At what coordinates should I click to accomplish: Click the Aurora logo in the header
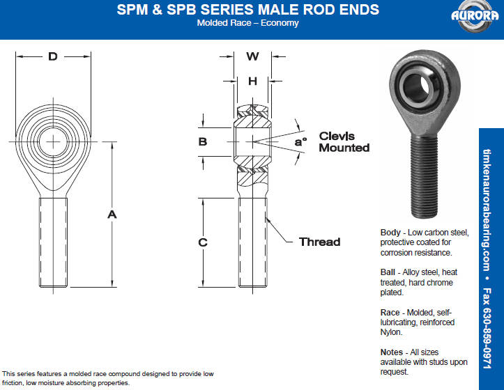(x=475, y=16)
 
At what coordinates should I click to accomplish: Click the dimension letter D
(x=53, y=56)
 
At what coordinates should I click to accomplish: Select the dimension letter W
(x=252, y=56)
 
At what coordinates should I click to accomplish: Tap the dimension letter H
(x=252, y=81)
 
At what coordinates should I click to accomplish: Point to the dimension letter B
(x=203, y=141)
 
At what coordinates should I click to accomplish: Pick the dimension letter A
(x=112, y=214)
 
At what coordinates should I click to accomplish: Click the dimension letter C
(x=203, y=242)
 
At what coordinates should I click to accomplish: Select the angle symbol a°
(x=301, y=141)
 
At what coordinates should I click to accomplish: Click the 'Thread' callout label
(x=319, y=242)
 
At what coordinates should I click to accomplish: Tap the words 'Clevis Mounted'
(x=344, y=141)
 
